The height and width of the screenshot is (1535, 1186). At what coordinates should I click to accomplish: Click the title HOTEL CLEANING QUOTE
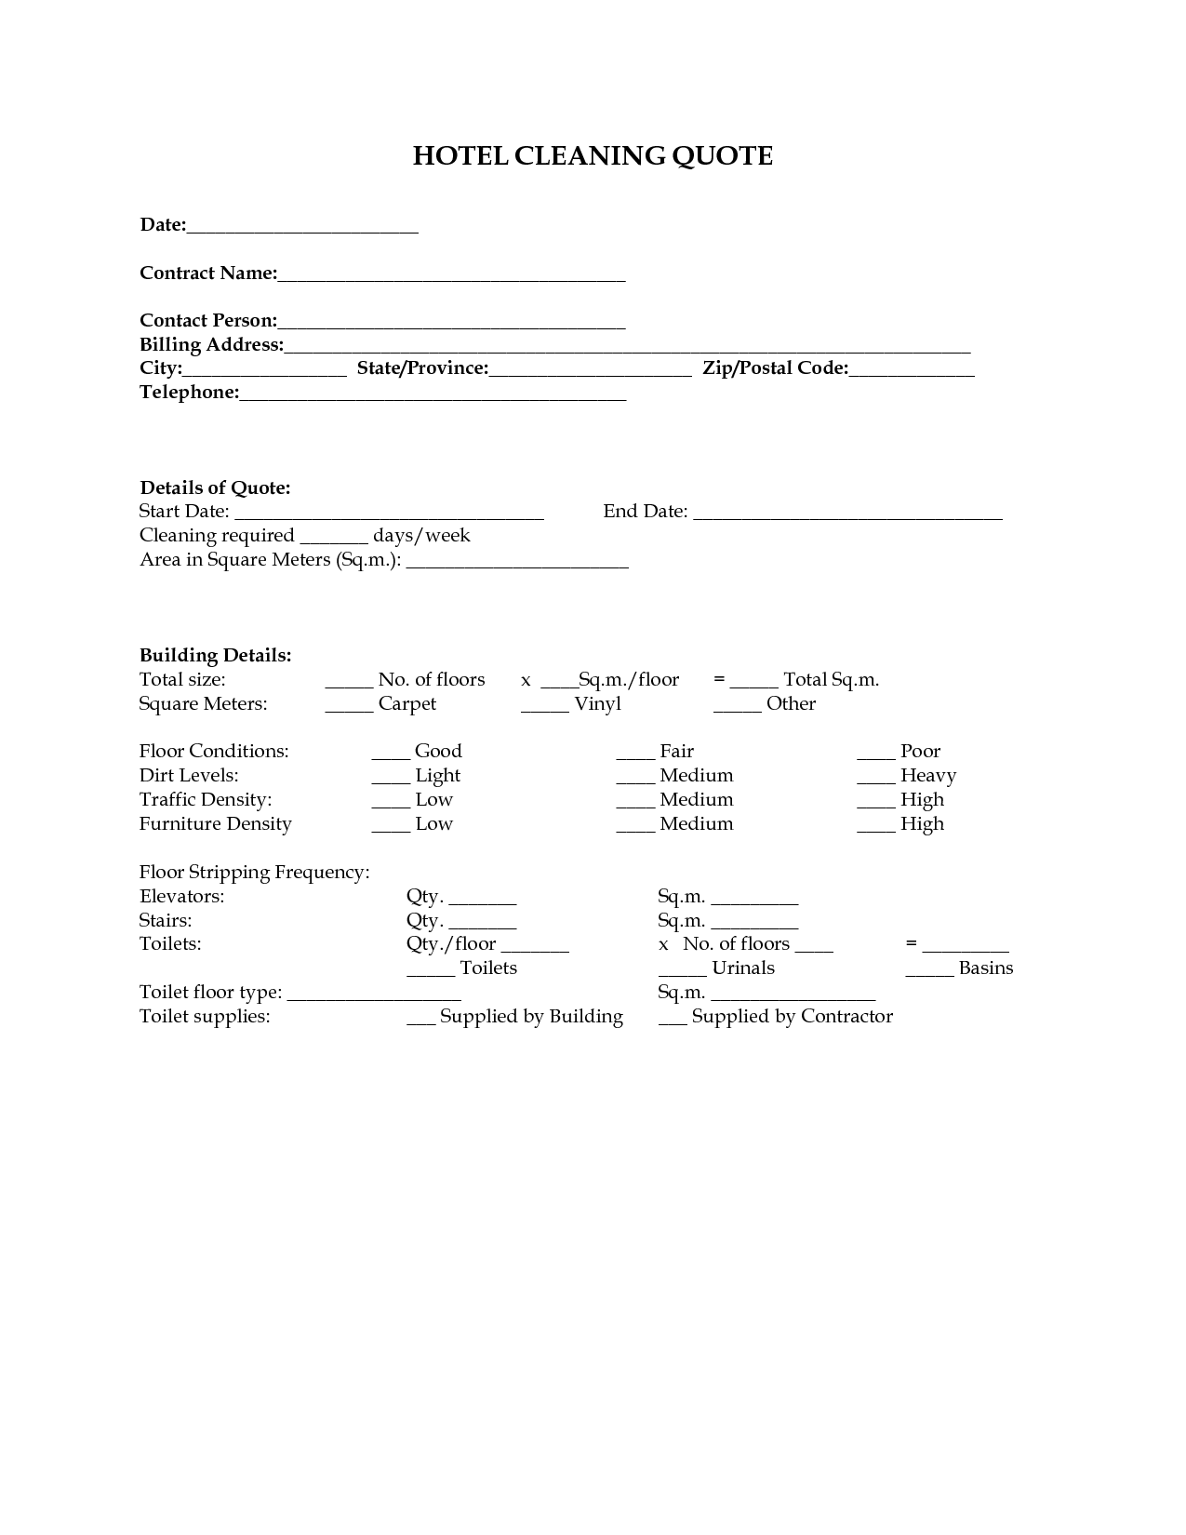coord(593,155)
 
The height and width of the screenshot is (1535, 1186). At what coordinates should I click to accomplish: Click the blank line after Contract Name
coord(451,274)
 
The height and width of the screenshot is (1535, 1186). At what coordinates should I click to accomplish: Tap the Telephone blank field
coord(433,393)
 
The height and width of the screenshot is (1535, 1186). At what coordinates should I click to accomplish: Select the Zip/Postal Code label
coord(775,368)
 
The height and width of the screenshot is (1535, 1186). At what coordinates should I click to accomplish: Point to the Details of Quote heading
coord(215,488)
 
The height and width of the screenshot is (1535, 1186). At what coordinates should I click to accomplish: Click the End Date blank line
coord(847,512)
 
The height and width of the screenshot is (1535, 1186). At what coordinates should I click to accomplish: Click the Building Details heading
coord(215,656)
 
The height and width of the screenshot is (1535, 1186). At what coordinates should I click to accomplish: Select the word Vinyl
coord(597,704)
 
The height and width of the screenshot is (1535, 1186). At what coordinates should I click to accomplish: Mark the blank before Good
coord(391,752)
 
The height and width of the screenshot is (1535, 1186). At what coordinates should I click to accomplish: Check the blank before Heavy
coord(875,776)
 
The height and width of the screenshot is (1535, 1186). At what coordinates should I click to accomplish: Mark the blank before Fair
coord(635,752)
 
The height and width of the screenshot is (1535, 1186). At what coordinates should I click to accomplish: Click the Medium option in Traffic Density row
coord(696,800)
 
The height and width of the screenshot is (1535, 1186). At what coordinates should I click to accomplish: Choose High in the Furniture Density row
coord(922,824)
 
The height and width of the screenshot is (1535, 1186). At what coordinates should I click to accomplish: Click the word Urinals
coord(742,968)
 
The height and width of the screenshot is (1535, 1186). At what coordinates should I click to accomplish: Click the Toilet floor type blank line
coord(374,993)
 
